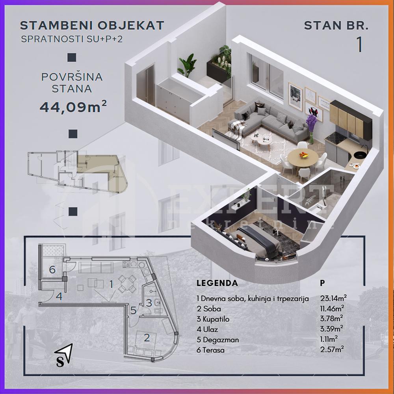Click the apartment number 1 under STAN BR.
359,44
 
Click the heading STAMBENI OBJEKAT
92,26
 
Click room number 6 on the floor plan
52,270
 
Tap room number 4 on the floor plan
59,296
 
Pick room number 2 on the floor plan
147,337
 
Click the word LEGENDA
217,283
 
